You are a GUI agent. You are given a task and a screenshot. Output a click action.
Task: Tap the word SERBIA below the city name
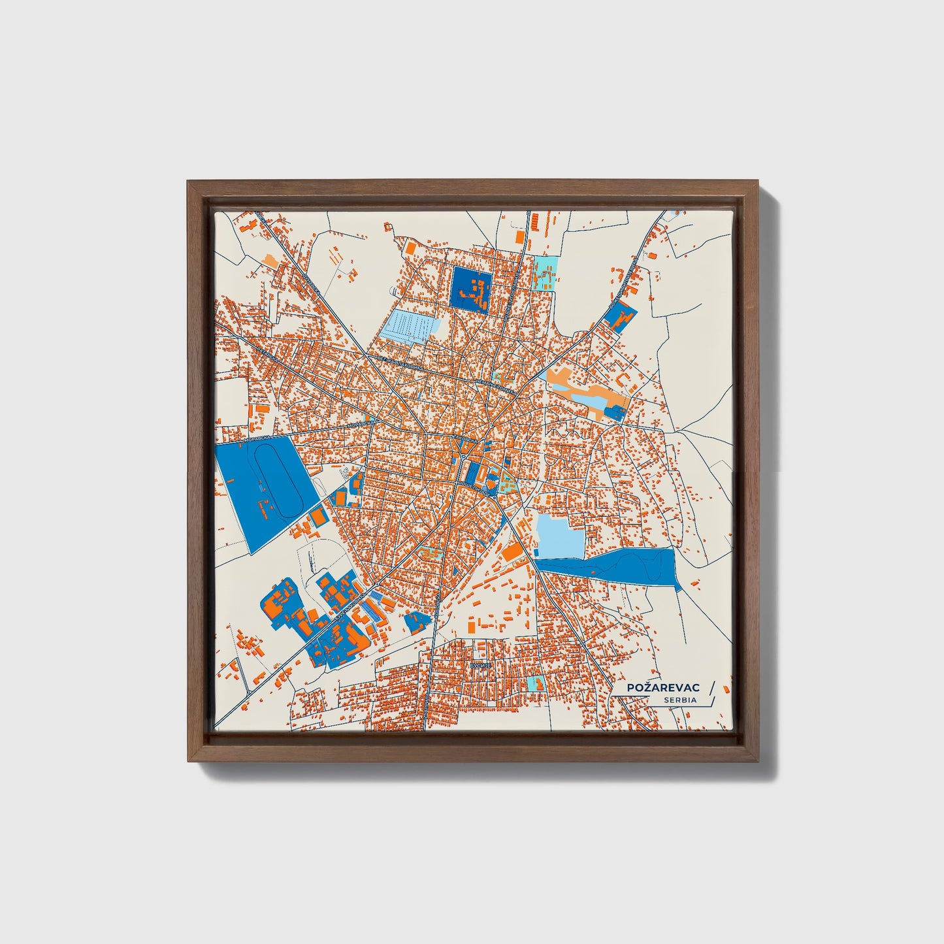pos(680,700)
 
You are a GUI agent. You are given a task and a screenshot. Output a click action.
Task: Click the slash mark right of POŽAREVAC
pos(711,687)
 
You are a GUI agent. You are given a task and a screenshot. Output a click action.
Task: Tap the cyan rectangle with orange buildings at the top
pos(545,272)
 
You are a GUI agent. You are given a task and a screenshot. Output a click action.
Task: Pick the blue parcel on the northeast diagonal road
pos(619,316)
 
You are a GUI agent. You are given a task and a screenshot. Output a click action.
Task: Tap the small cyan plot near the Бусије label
pos(537,683)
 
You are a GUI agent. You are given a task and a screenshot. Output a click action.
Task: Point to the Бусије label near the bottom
pos(480,664)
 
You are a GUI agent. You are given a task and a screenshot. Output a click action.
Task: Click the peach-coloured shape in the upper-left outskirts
pos(269,259)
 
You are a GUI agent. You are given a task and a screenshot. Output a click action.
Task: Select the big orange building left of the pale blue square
pos(511,552)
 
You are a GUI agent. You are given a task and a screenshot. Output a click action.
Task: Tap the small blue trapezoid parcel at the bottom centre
pos(414,621)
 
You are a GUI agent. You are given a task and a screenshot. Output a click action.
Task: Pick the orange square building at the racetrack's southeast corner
pos(318,517)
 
